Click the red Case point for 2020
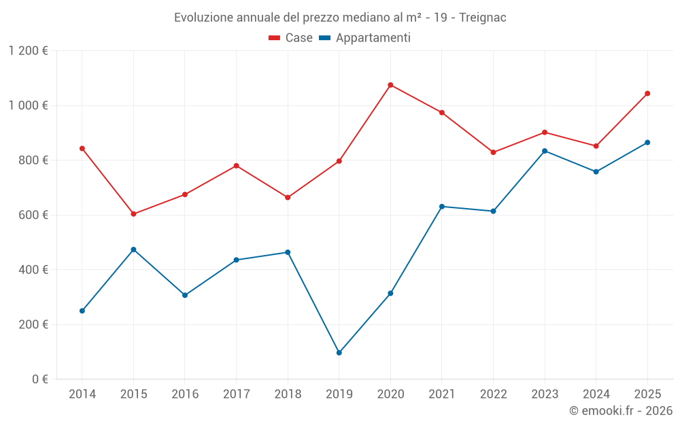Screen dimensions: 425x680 pyautogui.click(x=390, y=85)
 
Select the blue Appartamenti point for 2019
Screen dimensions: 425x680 pyautogui.click(x=339, y=353)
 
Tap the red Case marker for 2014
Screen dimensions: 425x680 pyautogui.click(x=82, y=148)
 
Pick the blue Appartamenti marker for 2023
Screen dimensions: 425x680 pyautogui.click(x=545, y=151)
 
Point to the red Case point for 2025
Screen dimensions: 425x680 pyautogui.click(x=647, y=93)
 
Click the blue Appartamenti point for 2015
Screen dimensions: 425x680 pyautogui.click(x=133, y=250)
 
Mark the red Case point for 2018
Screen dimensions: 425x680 pyautogui.click(x=288, y=197)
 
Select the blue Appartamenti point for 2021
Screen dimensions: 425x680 pyautogui.click(x=442, y=206)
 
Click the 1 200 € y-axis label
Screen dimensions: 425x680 pyautogui.click(x=29, y=51)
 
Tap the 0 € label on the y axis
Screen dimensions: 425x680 pyautogui.click(x=39, y=379)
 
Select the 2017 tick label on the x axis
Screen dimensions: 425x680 pyautogui.click(x=236, y=394)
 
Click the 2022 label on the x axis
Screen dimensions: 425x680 pyautogui.click(x=493, y=394)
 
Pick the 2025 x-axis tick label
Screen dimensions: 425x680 pyautogui.click(x=647, y=394)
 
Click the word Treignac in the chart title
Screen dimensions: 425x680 pyautogui.click(x=482, y=17)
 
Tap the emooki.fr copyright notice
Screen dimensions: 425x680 pyautogui.click(x=620, y=411)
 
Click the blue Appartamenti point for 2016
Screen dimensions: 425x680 pyautogui.click(x=185, y=295)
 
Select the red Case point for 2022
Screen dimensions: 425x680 pyautogui.click(x=493, y=152)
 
